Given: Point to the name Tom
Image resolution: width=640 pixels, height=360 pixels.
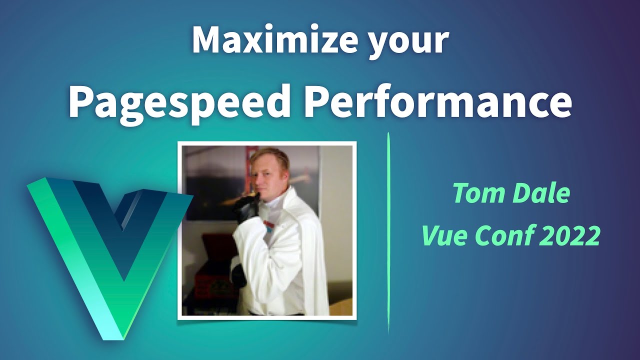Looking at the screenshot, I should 479,193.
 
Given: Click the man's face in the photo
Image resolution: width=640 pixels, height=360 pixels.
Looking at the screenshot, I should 270,172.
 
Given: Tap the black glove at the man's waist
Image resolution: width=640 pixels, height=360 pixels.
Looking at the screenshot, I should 238,275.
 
